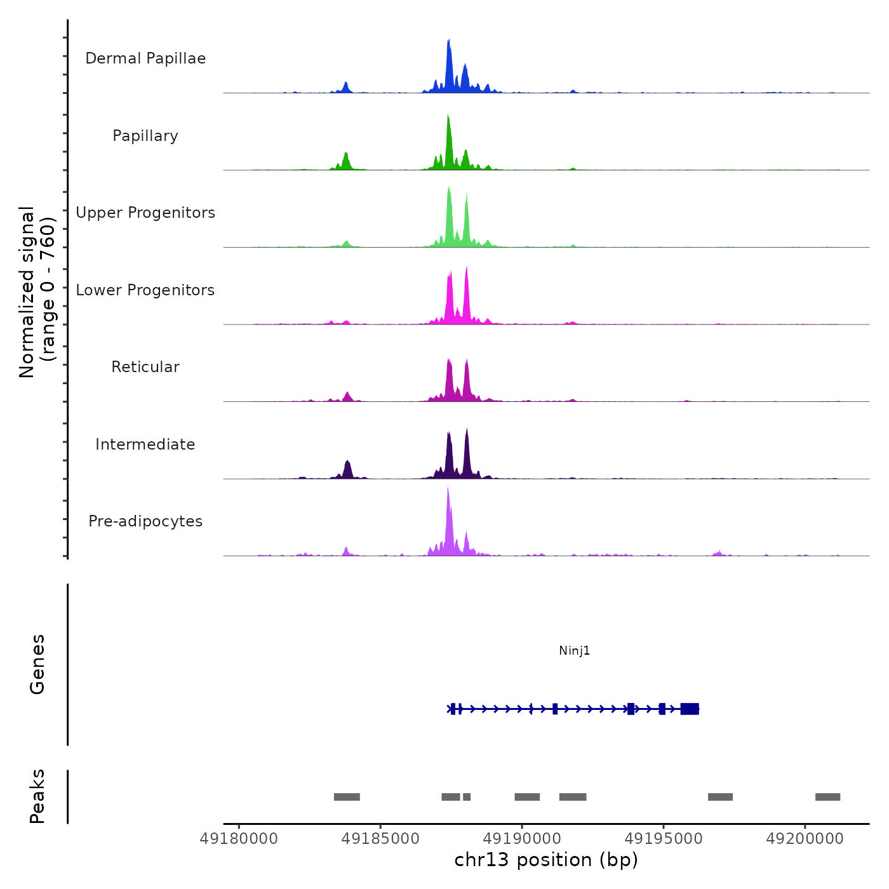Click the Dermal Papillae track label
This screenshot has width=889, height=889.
pos(145,58)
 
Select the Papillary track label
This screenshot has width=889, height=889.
pos(145,136)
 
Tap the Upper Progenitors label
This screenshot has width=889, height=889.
pos(145,213)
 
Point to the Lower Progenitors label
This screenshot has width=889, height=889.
pos(145,290)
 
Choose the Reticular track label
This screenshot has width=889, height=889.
pos(145,367)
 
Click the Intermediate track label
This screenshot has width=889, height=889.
pos(145,444)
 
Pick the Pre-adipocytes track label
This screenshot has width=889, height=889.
pos(145,521)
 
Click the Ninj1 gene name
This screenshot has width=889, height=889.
pos(574,650)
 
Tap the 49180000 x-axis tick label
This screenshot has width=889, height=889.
pos(239,839)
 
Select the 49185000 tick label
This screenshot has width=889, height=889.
pos(380,839)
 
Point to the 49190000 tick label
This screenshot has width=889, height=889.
pos(522,839)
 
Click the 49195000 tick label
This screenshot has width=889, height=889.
pos(664,839)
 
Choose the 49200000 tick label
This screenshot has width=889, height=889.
pos(805,839)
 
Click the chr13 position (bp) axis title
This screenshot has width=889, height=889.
pos(546,860)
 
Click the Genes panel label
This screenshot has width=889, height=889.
pos(37,664)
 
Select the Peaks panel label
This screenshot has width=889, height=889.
pos(37,796)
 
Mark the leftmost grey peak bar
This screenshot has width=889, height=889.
pos(347,797)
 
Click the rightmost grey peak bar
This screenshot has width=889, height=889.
pos(827,797)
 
